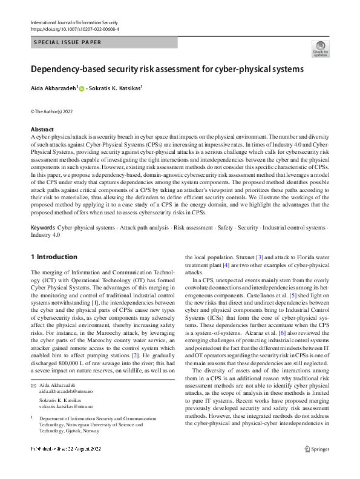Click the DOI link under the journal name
[74, 28]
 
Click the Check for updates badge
[320, 49]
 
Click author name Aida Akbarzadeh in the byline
[54, 88]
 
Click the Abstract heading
[42, 130]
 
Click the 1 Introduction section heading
[54, 257]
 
